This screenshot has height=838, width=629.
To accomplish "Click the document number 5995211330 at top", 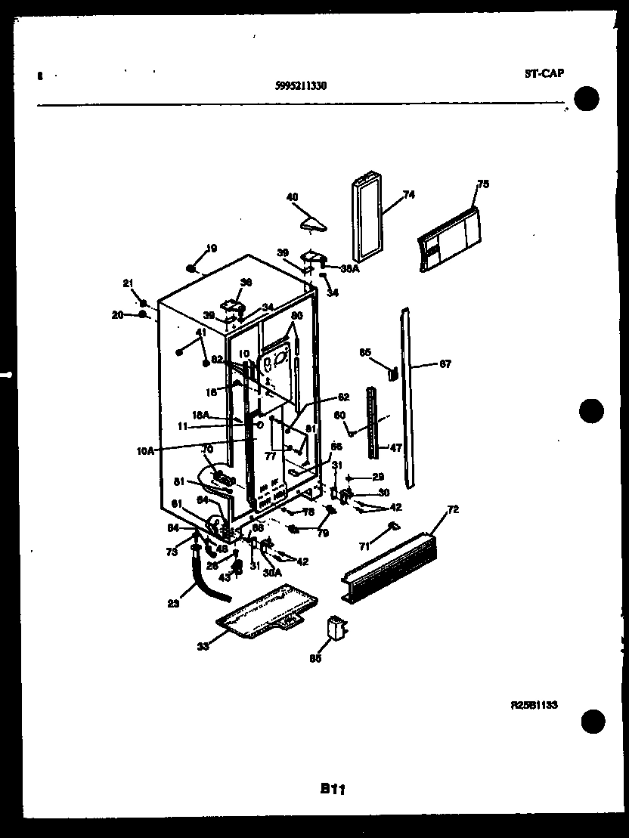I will coord(301,85).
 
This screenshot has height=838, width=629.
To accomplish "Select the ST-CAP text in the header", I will coord(544,73).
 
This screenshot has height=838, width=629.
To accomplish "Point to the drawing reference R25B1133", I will coord(534,704).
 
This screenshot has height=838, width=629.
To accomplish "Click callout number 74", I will coord(408,194).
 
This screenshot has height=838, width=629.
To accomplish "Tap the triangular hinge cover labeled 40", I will coord(311,221).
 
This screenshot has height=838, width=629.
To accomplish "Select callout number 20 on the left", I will coord(116,315).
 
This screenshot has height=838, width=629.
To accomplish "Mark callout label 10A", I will coord(145,450).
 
